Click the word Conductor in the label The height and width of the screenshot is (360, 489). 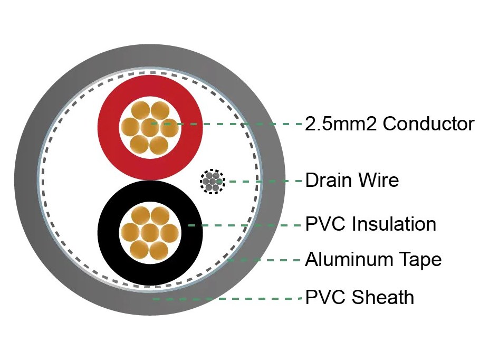(x=428, y=124)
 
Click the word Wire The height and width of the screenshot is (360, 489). (x=378, y=181)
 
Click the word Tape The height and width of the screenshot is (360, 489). (x=415, y=260)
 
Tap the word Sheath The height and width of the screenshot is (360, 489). (x=382, y=297)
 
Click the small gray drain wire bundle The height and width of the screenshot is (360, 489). (x=213, y=182)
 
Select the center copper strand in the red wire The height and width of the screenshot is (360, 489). (x=150, y=128)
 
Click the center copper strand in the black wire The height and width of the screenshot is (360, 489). (x=150, y=233)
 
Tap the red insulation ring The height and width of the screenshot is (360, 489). (x=108, y=128)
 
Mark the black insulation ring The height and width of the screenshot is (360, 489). (x=108, y=233)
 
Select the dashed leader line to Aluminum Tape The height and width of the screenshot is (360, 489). (x=264, y=260)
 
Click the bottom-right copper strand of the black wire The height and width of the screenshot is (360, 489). (x=159, y=251)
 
